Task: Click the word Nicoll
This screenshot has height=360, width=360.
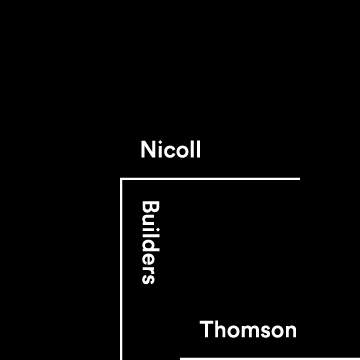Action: pyautogui.click(x=171, y=151)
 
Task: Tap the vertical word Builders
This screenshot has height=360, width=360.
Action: pyautogui.click(x=150, y=242)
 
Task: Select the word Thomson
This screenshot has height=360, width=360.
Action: pyautogui.click(x=248, y=330)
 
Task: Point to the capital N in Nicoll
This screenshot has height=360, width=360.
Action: pyautogui.click(x=149, y=151)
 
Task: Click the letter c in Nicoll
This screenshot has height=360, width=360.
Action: pyautogui.click(x=168, y=152)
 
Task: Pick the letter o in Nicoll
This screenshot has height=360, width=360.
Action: pyautogui.click(x=180, y=152)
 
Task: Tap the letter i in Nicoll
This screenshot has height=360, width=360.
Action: pyautogui.click(x=160, y=151)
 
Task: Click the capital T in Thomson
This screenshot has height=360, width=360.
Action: pyautogui.click(x=206, y=330)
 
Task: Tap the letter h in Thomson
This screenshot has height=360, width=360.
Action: pyautogui.click(x=219, y=330)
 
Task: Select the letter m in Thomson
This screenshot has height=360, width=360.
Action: pyautogui.click(x=248, y=331)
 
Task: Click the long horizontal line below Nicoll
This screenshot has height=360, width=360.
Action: pyautogui.click(x=210, y=179)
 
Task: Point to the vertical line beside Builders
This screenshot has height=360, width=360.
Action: pyautogui.click(x=121, y=270)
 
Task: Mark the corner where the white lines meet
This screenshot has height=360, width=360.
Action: pyautogui.click(x=121, y=179)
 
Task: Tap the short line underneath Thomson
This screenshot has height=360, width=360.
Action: pyautogui.click(x=240, y=358)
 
